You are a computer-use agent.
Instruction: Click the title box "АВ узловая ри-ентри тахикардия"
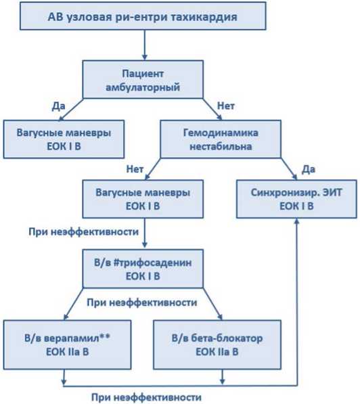[x=143, y=16]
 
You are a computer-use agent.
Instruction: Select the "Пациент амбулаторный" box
[x=143, y=79]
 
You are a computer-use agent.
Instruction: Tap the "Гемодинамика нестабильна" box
[x=221, y=139]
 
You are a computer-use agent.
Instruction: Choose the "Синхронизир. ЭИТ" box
[x=296, y=199]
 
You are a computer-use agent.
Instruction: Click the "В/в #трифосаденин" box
[x=143, y=269]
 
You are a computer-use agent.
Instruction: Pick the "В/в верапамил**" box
[x=67, y=344]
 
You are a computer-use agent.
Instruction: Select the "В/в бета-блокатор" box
[x=217, y=344]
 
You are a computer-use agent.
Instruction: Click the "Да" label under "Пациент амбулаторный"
[x=58, y=106]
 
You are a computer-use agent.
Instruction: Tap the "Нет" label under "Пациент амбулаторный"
[x=226, y=106]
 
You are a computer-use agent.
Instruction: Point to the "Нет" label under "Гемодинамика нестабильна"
[x=135, y=169]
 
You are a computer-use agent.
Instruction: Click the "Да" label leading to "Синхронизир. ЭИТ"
[x=309, y=169]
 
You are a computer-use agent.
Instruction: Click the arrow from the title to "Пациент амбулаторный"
[x=145, y=45]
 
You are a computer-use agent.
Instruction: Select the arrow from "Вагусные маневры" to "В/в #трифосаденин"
[x=145, y=233]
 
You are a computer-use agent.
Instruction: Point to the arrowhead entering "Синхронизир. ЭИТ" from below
[x=296, y=221]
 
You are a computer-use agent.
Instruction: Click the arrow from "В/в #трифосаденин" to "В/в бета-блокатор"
[x=212, y=304]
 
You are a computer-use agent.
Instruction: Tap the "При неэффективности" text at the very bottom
[x=146, y=397]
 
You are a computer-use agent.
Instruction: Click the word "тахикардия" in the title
[x=204, y=17]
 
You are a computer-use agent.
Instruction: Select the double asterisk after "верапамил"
[x=105, y=336]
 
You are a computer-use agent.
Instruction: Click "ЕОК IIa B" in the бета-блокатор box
[x=217, y=352]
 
